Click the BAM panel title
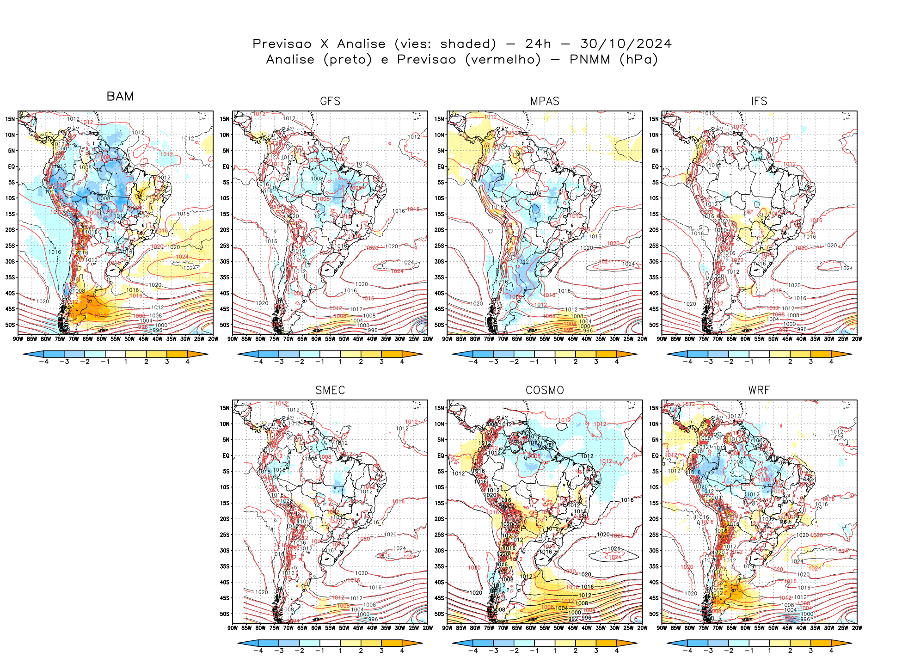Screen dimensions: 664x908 coord(120,96)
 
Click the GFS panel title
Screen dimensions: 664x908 coord(330,101)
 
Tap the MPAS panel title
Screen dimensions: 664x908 coord(545,101)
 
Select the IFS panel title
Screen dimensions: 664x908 coord(759,101)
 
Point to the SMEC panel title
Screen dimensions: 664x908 coord(330,390)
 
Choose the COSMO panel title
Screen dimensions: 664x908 coord(545,390)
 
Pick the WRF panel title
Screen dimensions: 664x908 coord(759,390)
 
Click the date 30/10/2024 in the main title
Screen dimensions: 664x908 coord(626,44)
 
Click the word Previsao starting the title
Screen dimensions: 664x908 coord(282,44)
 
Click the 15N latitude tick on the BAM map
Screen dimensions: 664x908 coord(10,119)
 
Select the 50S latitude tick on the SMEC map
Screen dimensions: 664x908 coord(225,614)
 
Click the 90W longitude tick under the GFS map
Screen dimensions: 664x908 coord(233,339)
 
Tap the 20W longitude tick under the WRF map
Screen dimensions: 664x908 coord(857,628)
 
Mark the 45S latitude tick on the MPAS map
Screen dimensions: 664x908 coord(439,309)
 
